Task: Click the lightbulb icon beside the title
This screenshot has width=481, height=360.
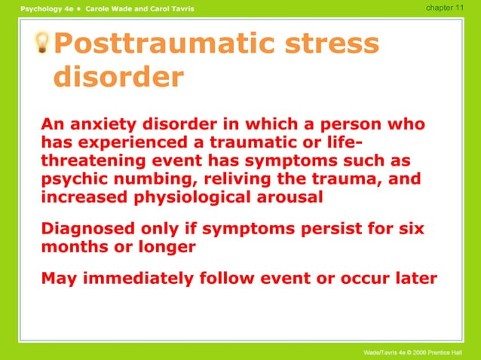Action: coord(44,44)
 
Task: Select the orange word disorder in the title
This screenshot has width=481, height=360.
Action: coord(119,78)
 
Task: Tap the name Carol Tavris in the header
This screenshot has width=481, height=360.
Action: coord(169,8)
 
